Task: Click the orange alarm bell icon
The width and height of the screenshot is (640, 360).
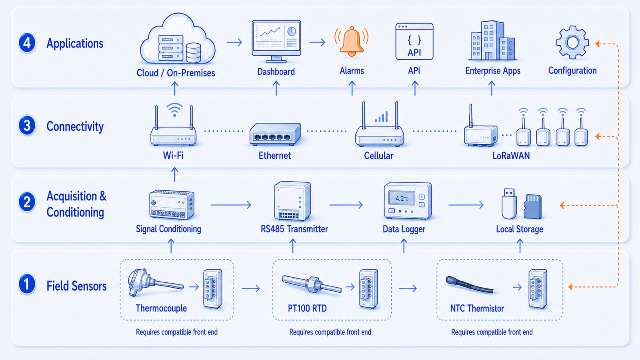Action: pos(352,42)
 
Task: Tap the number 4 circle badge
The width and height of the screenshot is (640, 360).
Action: pos(27,43)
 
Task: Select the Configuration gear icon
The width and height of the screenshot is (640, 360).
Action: pos(572,42)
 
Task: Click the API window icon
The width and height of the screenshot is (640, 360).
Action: pos(414,42)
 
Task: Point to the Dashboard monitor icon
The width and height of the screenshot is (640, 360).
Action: pos(276,41)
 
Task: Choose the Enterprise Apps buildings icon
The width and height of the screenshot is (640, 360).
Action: pos(492,40)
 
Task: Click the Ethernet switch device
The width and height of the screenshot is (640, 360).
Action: pos(275,134)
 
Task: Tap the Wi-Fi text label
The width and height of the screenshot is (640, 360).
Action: pos(173,156)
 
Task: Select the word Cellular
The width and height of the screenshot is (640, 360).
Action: pos(378,156)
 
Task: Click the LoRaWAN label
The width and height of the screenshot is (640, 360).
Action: pos(511,156)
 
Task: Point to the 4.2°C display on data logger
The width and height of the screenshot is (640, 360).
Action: pos(402,198)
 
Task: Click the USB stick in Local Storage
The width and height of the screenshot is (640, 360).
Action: pos(509,204)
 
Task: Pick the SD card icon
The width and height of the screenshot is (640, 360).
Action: pos(532,206)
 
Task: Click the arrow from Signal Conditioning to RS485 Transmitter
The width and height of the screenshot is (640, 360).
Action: pos(231,205)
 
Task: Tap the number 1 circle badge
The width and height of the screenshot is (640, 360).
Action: pos(27,284)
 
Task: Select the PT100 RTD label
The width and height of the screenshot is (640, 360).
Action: pos(307,308)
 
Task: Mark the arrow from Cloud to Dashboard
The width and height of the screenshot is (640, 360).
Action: pos(234,42)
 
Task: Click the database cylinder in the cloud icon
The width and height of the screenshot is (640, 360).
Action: pos(194,52)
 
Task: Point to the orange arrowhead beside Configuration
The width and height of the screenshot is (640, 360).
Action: pos(598,44)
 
